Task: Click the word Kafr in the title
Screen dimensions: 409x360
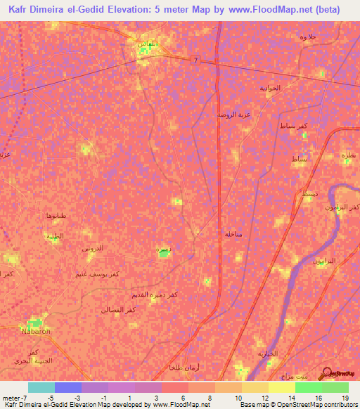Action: [22, 10]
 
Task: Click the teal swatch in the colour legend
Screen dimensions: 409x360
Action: [41, 387]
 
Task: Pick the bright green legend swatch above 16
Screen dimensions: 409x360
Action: [308, 387]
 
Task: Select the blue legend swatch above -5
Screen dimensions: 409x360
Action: [68, 387]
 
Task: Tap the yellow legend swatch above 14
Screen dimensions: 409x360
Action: [281, 387]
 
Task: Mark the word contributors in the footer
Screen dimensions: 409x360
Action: [340, 405]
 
